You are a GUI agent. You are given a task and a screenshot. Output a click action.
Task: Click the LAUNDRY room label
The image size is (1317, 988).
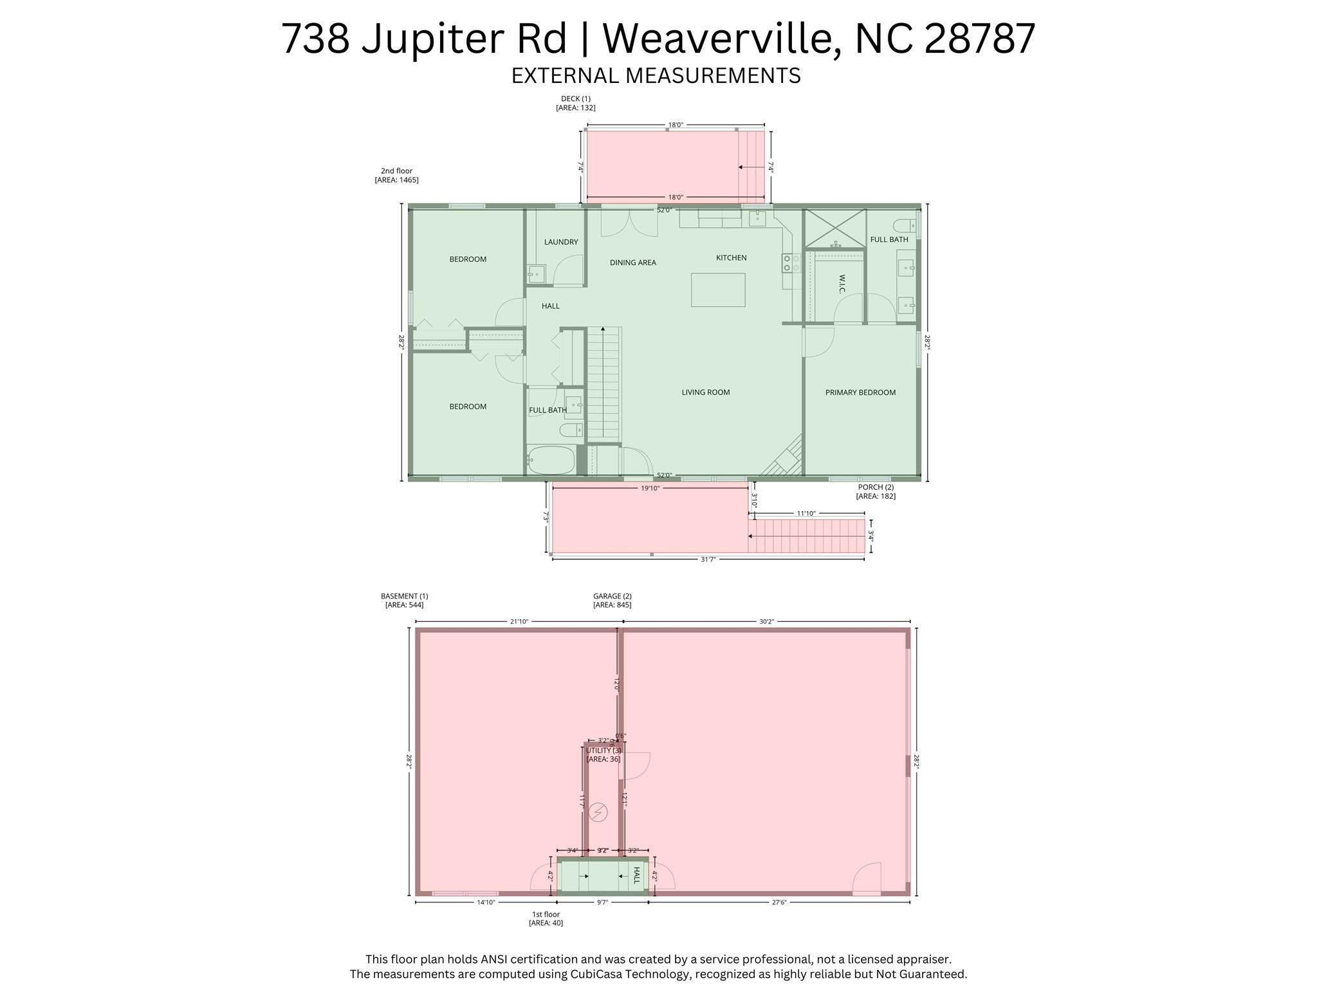(x=561, y=242)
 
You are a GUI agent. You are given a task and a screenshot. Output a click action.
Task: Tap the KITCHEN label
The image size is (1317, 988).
(x=732, y=258)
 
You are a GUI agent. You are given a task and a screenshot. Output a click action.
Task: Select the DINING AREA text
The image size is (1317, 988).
(x=632, y=263)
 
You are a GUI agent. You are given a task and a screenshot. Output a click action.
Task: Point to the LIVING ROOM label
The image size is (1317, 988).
(x=706, y=392)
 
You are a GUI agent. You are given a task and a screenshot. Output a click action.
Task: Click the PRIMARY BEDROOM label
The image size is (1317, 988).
(x=860, y=393)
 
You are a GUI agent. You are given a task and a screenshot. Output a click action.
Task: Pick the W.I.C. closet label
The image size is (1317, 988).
(x=842, y=284)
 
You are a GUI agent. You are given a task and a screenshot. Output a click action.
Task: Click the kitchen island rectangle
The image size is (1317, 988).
(x=718, y=290)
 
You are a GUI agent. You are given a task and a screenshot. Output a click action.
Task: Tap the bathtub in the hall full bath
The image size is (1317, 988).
(x=551, y=460)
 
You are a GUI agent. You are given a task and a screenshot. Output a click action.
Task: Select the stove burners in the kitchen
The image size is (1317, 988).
(x=791, y=263)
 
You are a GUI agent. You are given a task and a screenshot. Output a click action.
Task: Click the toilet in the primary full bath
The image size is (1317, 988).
(x=903, y=225)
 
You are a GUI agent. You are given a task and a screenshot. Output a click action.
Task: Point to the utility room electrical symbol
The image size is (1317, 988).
(x=598, y=812)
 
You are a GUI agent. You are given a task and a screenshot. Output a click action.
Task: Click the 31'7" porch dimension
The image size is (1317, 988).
(x=708, y=559)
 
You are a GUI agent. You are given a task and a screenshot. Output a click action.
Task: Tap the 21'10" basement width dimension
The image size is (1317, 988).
(x=519, y=622)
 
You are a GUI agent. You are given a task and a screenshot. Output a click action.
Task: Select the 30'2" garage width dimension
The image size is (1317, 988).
(x=766, y=622)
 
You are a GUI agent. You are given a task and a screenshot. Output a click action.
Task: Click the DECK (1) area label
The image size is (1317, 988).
(x=575, y=103)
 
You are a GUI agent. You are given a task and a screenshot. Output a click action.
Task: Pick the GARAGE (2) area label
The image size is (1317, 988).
(x=612, y=601)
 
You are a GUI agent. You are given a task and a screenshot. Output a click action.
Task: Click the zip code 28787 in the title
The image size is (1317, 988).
(x=979, y=39)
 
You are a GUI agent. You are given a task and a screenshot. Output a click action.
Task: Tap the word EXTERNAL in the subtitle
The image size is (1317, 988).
(x=565, y=76)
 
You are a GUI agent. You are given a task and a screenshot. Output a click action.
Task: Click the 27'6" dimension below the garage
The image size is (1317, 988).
(x=778, y=902)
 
